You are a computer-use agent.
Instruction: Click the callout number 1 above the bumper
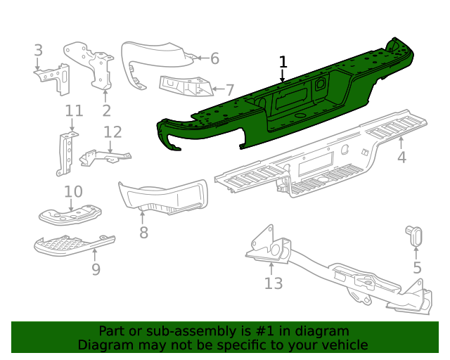pyautogui.click(x=283, y=62)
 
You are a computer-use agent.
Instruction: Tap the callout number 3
pyautogui.click(x=39, y=50)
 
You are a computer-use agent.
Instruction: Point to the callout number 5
pyautogui.click(x=417, y=267)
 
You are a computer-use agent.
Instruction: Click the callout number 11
pyautogui.click(x=74, y=110)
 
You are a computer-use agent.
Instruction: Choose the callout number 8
pyautogui.click(x=143, y=232)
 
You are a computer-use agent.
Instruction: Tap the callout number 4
pyautogui.click(x=401, y=157)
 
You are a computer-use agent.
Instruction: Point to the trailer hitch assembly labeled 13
pyautogui.click(x=330, y=271)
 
